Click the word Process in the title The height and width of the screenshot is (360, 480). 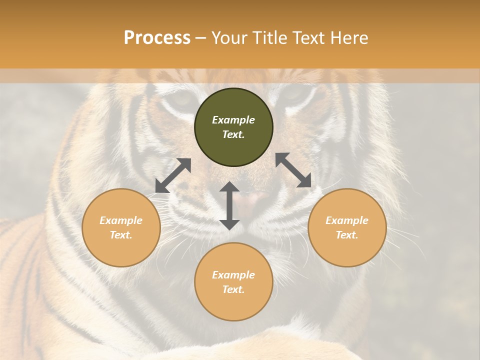157,38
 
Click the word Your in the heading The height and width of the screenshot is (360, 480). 228,38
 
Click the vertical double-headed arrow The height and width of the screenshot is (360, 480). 229,205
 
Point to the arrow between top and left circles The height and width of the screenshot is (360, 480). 173,175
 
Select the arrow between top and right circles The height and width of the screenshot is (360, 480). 293,170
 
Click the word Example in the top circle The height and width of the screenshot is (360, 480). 233,120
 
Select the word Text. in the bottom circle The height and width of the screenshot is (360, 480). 233,289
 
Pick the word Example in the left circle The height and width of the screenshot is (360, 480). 121,220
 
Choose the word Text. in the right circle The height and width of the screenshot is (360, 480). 347,235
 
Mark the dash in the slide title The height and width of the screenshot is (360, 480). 201,38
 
